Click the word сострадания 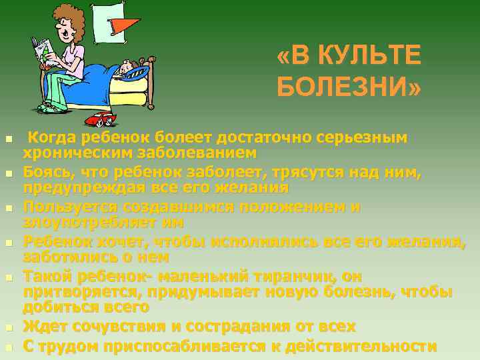[236, 327]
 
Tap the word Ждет [43, 327]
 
